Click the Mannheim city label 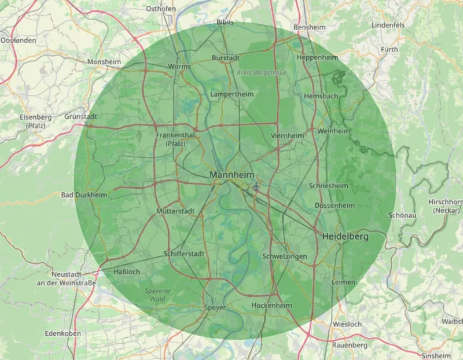233,175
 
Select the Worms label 179,67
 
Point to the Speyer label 215,308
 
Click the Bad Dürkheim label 84,195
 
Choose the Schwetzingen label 284,256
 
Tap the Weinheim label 334,131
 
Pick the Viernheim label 287,136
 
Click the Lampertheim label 232,94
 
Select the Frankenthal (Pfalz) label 176,139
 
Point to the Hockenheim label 270,305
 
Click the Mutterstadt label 175,211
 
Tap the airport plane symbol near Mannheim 256,186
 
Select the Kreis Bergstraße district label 258,72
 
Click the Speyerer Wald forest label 153,296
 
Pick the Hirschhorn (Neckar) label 446,206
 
